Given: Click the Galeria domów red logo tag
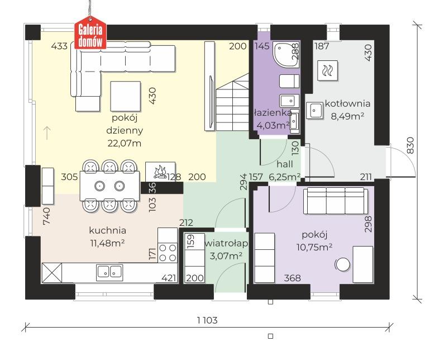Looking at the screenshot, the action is pyautogui.click(x=90, y=33).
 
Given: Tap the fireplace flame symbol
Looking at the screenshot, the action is pyautogui.click(x=160, y=172).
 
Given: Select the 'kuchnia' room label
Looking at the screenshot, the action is pyautogui.click(x=108, y=230).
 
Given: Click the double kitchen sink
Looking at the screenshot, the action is pyautogui.click(x=109, y=272).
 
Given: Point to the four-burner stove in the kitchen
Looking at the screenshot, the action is pyautogui.click(x=168, y=252).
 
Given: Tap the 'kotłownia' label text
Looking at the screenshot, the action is pyautogui.click(x=347, y=103).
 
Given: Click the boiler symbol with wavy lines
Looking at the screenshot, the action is pyautogui.click(x=328, y=70).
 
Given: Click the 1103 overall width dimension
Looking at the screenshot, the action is pyautogui.click(x=207, y=320).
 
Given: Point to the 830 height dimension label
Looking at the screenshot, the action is pyautogui.click(x=410, y=145).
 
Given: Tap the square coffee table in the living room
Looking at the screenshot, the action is pyautogui.click(x=126, y=96).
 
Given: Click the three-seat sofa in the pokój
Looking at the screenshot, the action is pyautogui.click(x=336, y=201).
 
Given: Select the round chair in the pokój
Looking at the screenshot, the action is pyautogui.click(x=342, y=265).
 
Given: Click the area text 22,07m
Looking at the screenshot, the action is pyautogui.click(x=125, y=144).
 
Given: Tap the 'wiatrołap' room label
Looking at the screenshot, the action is pyautogui.click(x=226, y=243).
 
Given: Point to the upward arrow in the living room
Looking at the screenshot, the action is pyautogui.click(x=47, y=133).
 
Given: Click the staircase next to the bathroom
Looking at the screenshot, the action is pyautogui.click(x=232, y=102).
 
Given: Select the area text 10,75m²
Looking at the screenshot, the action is pyautogui.click(x=314, y=247).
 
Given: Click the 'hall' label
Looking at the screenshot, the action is pyautogui.click(x=285, y=164).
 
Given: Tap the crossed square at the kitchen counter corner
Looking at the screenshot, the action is pyautogui.click(x=52, y=273).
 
